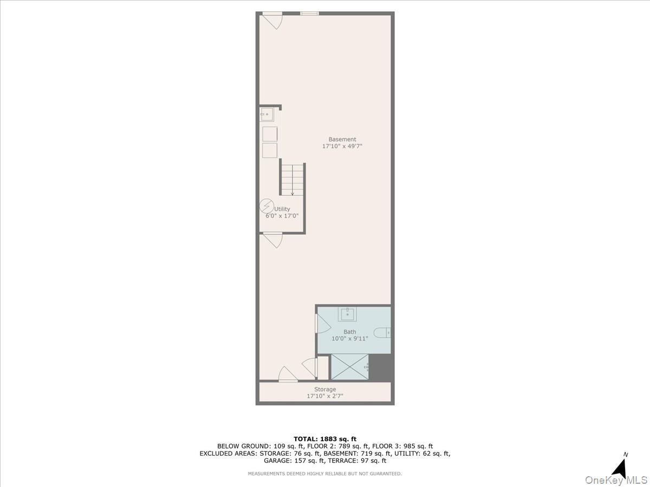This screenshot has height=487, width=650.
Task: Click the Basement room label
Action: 342,140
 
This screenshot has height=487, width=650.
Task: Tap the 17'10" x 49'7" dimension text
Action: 342,146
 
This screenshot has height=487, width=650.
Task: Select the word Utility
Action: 282,209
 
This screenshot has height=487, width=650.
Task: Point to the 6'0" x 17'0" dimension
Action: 282,216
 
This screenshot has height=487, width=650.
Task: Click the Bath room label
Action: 350,332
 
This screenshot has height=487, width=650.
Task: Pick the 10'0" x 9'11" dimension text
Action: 350,339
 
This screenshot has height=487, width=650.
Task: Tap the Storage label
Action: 325,389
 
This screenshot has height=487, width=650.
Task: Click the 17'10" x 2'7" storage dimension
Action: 325,396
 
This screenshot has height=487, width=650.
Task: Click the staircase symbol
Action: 292,180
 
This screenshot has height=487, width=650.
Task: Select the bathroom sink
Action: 347,314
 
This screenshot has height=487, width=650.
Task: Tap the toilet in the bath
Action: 383,333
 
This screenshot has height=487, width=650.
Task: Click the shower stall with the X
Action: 350,367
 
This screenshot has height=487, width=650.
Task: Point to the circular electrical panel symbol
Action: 266,206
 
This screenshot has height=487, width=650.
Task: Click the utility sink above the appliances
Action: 266,115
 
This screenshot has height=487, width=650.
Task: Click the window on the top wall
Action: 309,14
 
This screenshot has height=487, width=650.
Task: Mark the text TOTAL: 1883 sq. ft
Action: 325,439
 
